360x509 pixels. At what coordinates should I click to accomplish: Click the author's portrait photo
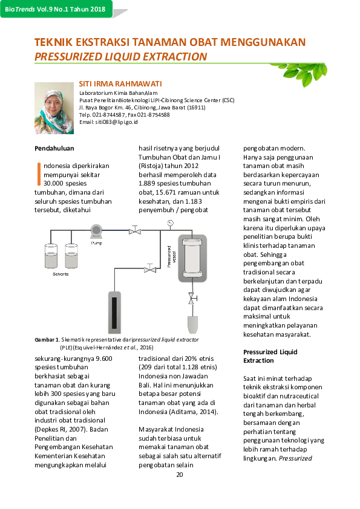(54, 108)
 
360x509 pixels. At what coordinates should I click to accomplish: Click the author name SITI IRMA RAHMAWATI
(120, 83)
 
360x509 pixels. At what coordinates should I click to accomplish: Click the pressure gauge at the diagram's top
(171, 222)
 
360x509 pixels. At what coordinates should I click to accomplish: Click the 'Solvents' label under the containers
(60, 274)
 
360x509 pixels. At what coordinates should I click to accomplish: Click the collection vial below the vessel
(192, 323)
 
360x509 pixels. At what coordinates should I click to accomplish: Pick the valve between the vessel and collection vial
(192, 299)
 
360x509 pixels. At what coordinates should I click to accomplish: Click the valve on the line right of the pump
(134, 230)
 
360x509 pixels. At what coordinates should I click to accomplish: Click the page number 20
(179, 474)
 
